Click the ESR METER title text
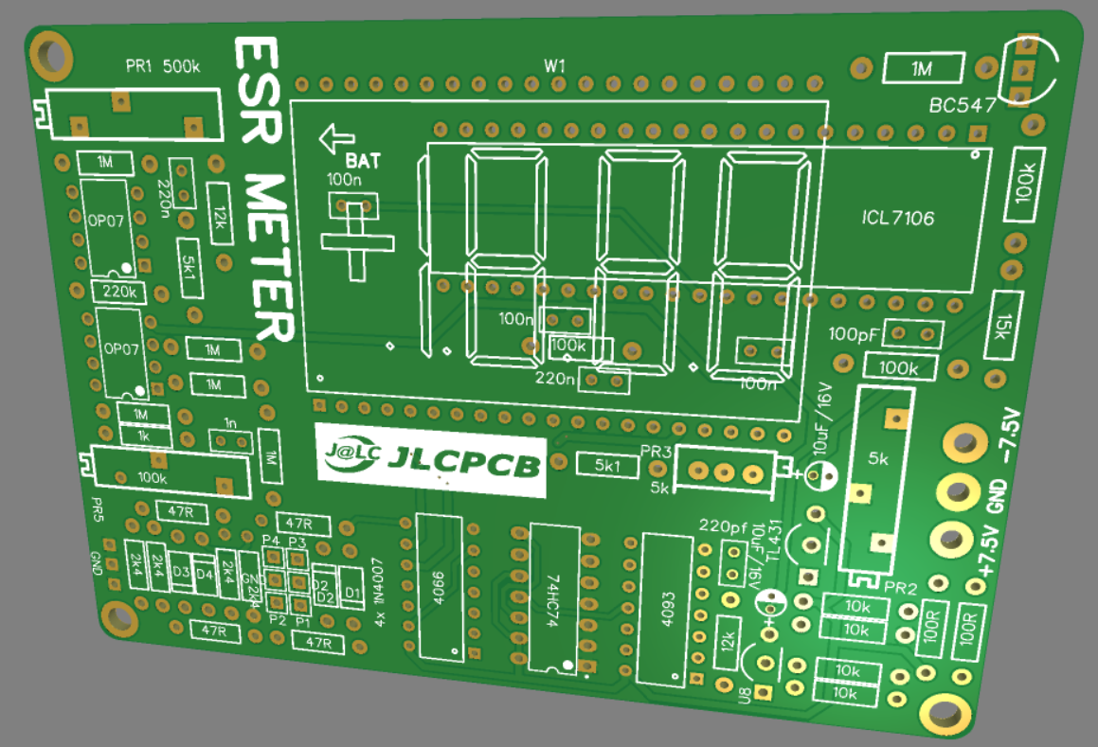(x=264, y=190)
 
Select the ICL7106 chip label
(x=897, y=219)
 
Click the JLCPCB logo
(x=431, y=460)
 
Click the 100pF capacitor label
(x=854, y=334)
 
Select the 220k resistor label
(x=119, y=292)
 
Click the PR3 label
(x=656, y=454)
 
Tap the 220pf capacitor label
(x=723, y=525)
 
